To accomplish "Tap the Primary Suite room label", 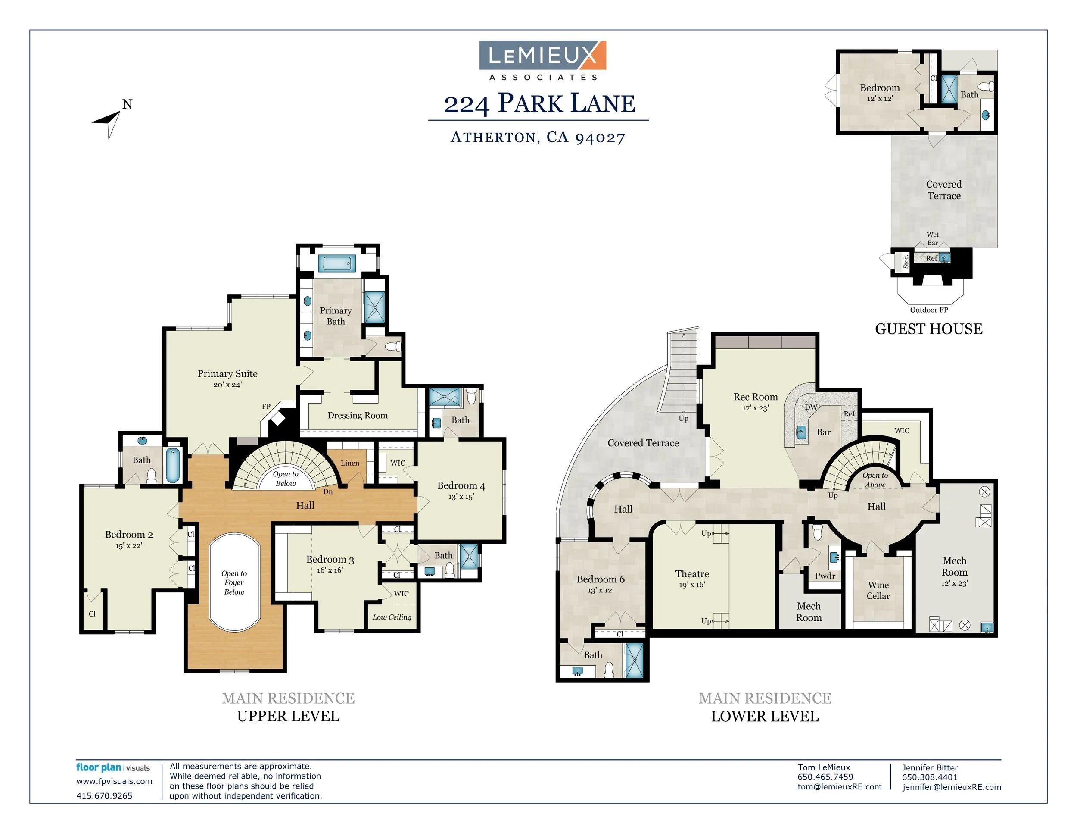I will click(227, 373).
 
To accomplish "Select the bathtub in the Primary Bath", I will click(337, 263).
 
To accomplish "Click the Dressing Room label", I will click(358, 416).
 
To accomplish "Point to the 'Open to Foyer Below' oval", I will click(234, 582).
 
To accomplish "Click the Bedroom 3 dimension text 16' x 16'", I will click(330, 570).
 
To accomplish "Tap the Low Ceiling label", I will click(392, 617).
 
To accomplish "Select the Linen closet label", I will click(350, 463).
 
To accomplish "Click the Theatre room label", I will click(692, 574).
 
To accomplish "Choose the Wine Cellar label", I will click(878, 590).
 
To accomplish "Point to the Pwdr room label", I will click(825, 576).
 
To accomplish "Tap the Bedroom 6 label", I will click(601, 579).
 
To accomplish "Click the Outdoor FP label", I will click(928, 310).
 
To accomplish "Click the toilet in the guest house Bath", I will click(986, 88).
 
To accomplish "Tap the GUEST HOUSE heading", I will click(928, 329).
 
